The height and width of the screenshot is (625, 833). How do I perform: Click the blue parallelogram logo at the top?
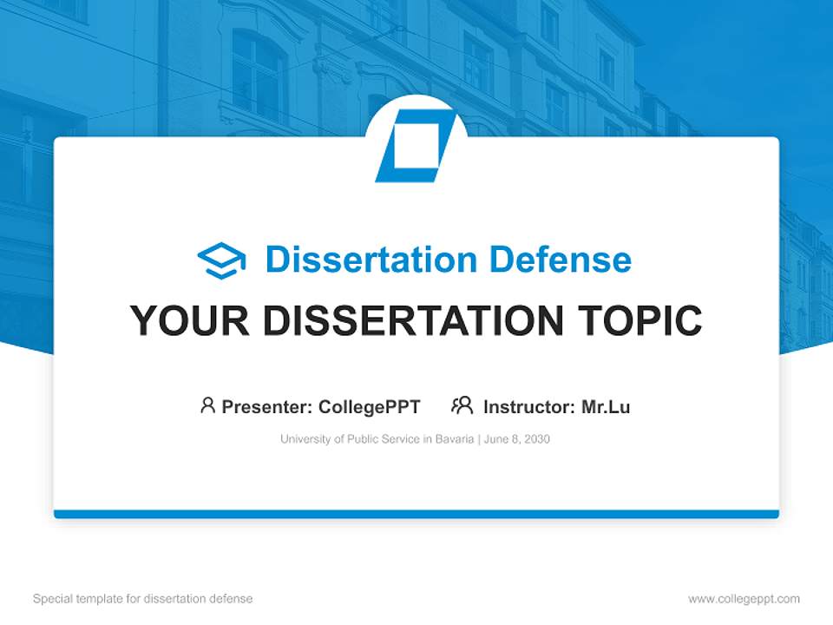pyautogui.click(x=416, y=146)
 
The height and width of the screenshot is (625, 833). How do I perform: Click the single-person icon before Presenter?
pyautogui.click(x=207, y=405)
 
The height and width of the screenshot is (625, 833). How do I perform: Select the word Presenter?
pyautogui.click(x=266, y=406)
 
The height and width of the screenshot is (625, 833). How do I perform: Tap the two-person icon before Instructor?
pyautogui.click(x=462, y=405)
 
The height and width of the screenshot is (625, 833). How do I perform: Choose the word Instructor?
pyautogui.click(x=528, y=406)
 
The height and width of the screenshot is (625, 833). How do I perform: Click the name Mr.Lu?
pyautogui.click(x=606, y=406)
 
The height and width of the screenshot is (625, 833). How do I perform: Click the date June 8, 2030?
pyautogui.click(x=517, y=439)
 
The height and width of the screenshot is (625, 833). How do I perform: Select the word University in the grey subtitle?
pyautogui.click(x=301, y=439)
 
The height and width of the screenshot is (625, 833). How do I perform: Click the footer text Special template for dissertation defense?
pyautogui.click(x=143, y=599)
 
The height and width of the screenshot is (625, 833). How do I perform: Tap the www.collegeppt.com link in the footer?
pyautogui.click(x=744, y=599)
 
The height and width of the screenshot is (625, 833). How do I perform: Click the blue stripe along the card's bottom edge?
pyautogui.click(x=416, y=514)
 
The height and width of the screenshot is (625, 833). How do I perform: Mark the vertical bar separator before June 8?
pyautogui.click(x=478, y=439)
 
